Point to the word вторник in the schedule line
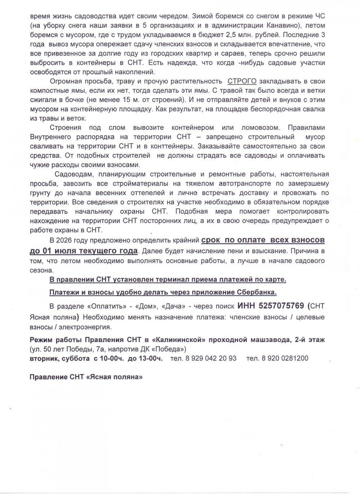point(44,358)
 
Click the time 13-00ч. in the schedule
point(150,358)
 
